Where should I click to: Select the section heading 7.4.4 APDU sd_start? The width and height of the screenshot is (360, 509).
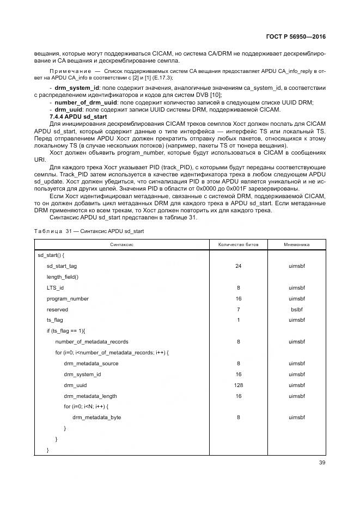(78, 117)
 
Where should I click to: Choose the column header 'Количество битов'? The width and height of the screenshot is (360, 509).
(238, 245)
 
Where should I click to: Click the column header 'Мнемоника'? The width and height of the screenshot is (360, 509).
(296, 245)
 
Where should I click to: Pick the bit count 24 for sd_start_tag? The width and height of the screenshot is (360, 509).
(238, 266)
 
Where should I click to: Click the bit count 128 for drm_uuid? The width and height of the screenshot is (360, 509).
(238, 385)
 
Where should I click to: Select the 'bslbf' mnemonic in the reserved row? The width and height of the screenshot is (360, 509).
(296, 309)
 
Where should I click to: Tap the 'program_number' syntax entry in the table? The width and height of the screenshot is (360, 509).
(68, 299)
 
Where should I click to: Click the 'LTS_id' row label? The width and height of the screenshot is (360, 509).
(55, 288)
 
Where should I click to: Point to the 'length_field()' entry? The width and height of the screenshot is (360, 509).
(63, 277)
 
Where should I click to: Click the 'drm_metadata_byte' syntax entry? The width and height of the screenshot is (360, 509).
(96, 418)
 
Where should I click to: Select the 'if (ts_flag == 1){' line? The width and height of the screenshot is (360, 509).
(66, 331)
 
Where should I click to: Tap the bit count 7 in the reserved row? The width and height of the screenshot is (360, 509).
(238, 309)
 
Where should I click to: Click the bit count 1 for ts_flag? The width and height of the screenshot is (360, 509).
(238, 320)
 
